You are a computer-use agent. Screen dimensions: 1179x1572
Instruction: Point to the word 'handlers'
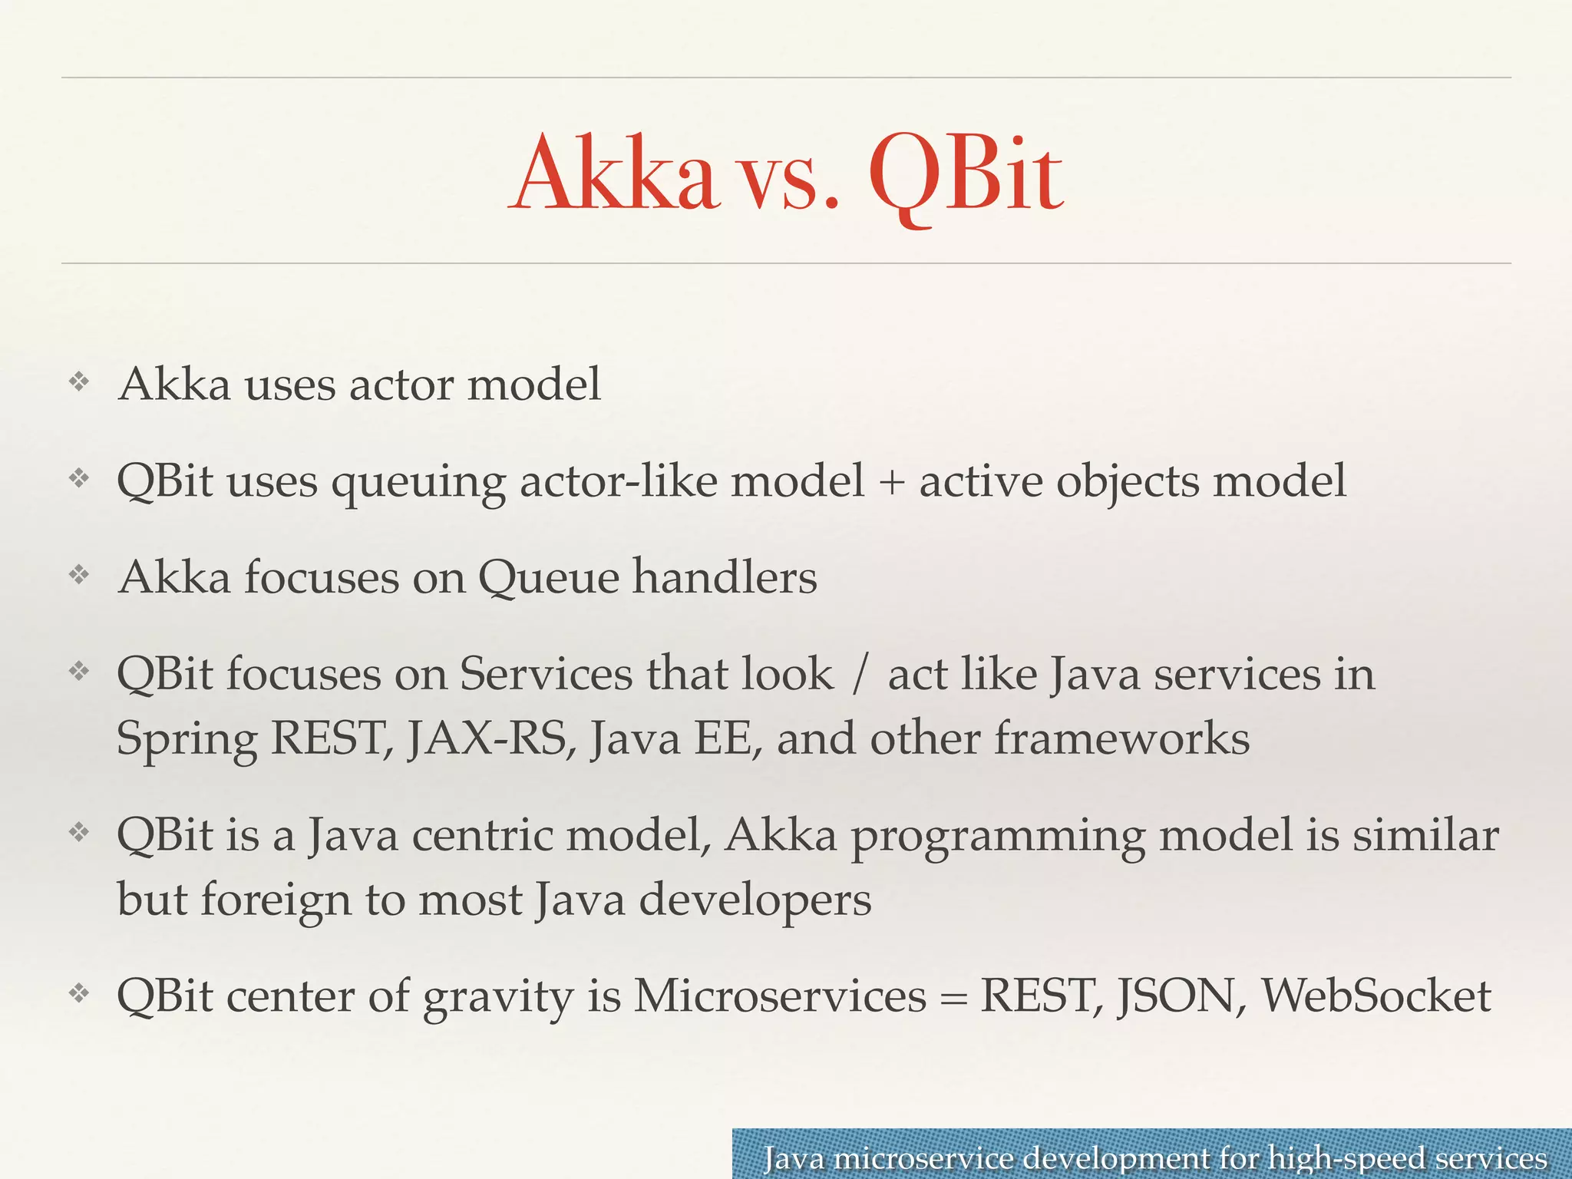[724, 577]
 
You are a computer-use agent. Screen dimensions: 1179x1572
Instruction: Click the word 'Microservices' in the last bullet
[780, 996]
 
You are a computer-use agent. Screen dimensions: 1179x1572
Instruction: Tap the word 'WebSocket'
[1376, 996]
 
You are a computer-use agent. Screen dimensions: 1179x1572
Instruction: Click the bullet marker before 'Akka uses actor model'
[79, 381]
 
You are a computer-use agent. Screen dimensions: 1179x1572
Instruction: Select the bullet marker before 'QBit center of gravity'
[79, 994]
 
